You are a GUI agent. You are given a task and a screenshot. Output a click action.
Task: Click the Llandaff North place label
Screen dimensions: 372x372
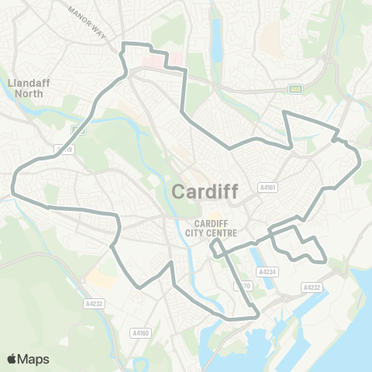pyautogui.click(x=27, y=87)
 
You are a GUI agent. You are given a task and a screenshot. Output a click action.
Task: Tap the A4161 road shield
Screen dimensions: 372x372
pyautogui.click(x=268, y=188)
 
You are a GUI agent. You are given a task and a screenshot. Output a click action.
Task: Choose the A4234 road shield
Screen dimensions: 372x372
pyautogui.click(x=267, y=272)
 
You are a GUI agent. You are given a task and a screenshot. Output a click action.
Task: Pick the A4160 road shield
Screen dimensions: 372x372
pyautogui.click(x=140, y=333)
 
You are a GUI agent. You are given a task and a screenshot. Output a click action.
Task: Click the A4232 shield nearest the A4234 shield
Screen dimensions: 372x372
pyautogui.click(x=311, y=288)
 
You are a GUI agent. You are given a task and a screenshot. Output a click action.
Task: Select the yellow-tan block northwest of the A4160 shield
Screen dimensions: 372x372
pyautogui.click(x=99, y=277)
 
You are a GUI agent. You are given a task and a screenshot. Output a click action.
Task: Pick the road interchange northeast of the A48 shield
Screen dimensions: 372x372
pyautogui.click(x=328, y=58)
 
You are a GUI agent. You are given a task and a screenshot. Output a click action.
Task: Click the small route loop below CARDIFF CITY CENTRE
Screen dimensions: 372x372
pyautogui.click(x=219, y=248)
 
